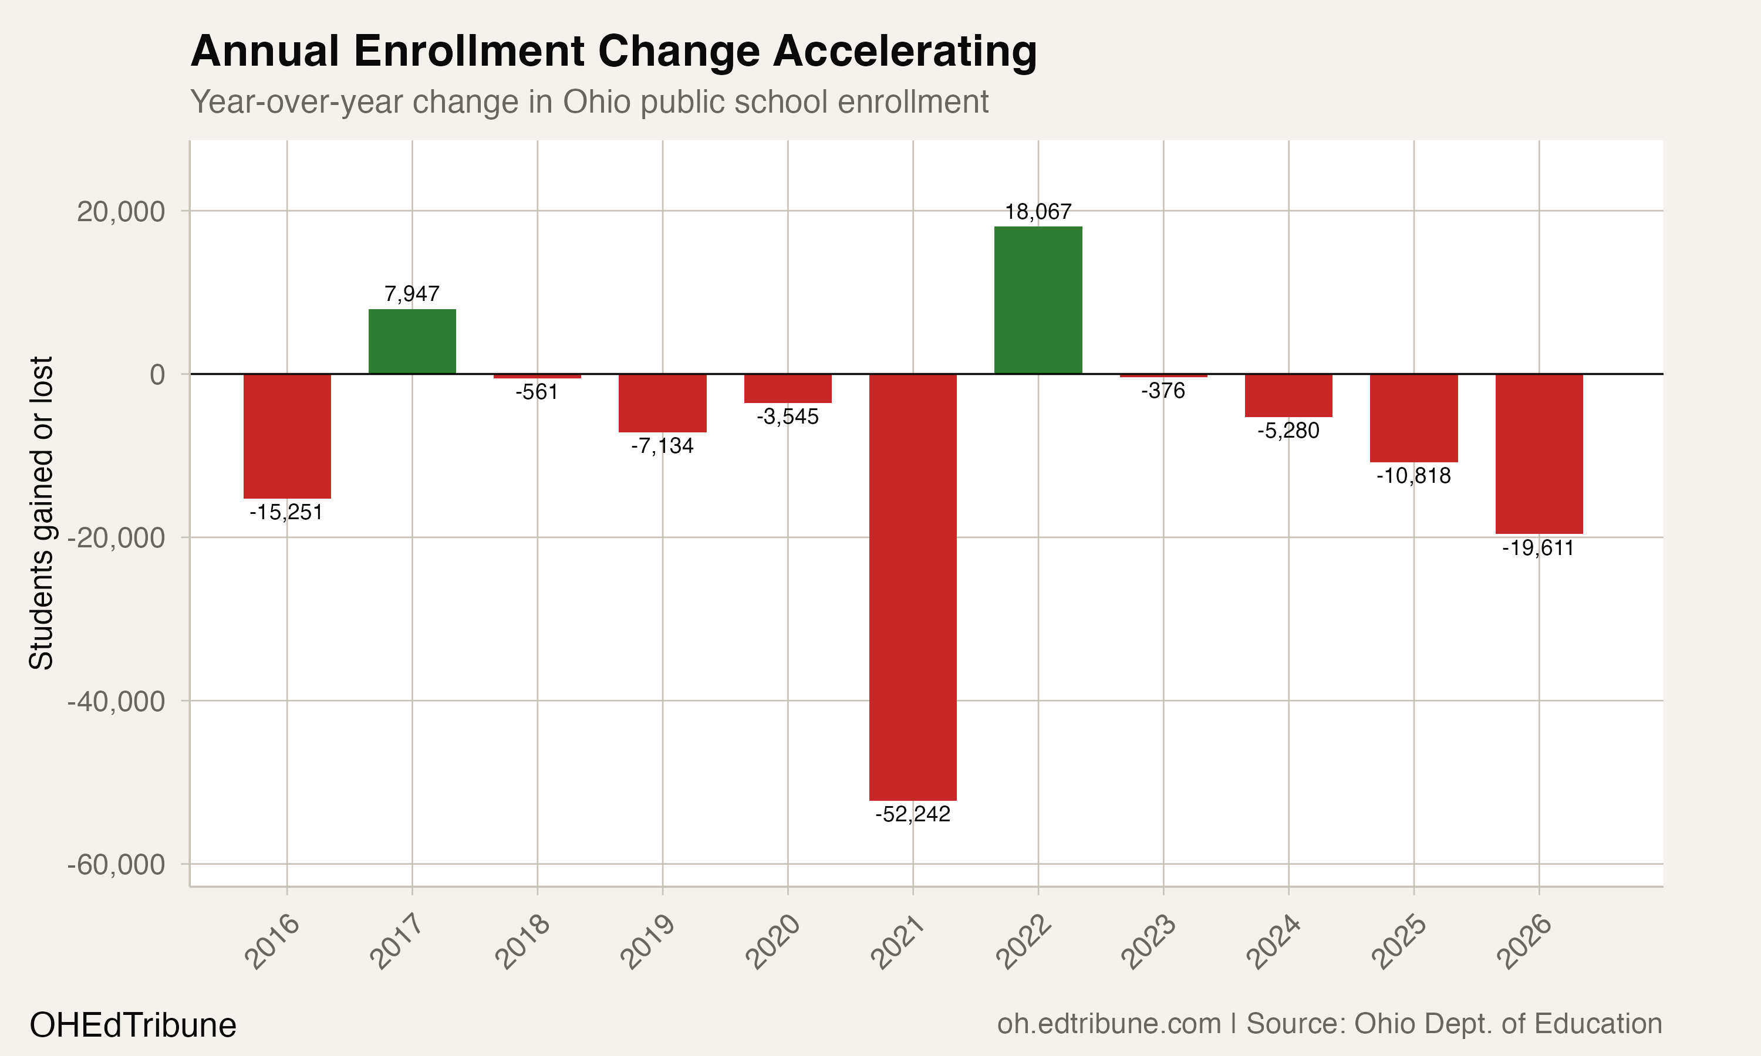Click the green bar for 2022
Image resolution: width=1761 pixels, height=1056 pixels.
tap(1038, 300)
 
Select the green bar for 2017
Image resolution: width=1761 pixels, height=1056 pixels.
tap(412, 341)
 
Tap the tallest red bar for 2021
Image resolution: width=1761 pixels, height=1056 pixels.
tap(913, 587)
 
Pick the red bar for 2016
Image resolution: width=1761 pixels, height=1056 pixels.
tap(287, 435)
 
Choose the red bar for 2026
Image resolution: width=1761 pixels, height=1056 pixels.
tap(1539, 453)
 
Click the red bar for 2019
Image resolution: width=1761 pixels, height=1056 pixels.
tap(663, 403)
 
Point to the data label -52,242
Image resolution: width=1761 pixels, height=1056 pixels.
tap(913, 814)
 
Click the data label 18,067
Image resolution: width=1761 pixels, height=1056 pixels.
tap(1038, 212)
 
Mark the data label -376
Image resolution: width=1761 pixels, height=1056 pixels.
tap(1163, 391)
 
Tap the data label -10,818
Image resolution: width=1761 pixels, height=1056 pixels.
tap(1413, 475)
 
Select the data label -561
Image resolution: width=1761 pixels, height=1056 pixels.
tap(538, 392)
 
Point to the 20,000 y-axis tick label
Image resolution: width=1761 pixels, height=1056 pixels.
tap(121, 211)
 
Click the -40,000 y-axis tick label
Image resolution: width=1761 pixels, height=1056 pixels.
tap(116, 702)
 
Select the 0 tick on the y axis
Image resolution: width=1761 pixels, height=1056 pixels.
tap(157, 374)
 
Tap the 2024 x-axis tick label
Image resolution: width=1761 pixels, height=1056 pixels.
tap(1274, 942)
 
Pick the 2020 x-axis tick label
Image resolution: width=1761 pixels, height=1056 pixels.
tap(773, 942)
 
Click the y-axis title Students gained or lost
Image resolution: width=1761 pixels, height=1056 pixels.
tap(41, 512)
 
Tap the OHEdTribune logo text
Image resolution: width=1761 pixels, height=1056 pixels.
tap(133, 1025)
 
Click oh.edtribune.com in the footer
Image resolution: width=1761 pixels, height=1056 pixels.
tap(1109, 1024)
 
